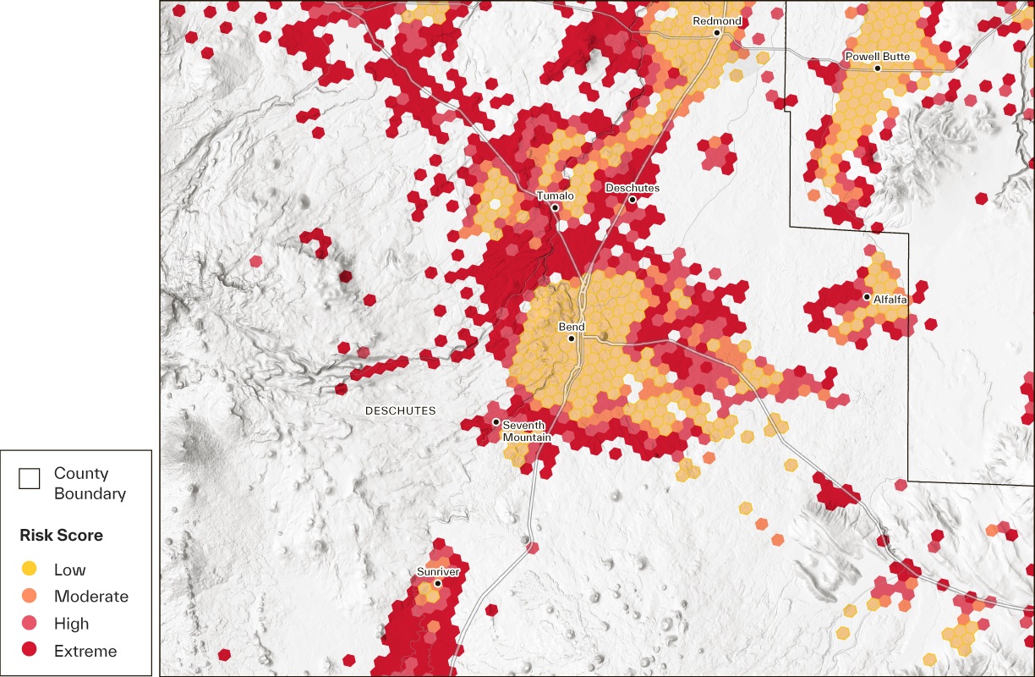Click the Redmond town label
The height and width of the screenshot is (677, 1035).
[717, 21]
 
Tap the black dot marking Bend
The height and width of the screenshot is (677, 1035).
[572, 338]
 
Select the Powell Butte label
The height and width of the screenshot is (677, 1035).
[878, 57]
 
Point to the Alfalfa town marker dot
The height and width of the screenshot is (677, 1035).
[867, 297]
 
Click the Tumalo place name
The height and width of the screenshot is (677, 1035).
[555, 196]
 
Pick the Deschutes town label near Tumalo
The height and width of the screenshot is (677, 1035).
[632, 188]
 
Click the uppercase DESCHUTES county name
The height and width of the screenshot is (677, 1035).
[400, 411]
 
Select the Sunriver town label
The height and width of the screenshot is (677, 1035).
[438, 572]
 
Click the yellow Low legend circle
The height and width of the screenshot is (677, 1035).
[30, 570]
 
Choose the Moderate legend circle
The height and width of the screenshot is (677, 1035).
[30, 597]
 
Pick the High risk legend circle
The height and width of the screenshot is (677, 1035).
[30, 624]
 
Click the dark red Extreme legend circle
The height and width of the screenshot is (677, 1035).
[30, 651]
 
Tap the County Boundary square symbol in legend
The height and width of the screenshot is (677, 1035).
[30, 479]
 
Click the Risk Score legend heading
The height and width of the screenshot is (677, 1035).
[62, 536]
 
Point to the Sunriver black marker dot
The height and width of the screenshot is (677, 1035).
[438, 583]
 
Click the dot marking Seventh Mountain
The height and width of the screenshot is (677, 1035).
[496, 421]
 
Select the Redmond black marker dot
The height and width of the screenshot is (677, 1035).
[716, 33]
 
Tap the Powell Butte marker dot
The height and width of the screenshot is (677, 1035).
[878, 68]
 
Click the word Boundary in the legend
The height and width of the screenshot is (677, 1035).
[90, 493]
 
